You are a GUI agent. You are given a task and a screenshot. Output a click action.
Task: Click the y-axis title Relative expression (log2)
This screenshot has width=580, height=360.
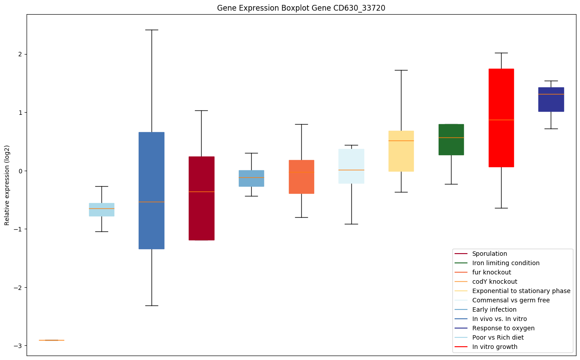tap(7, 185)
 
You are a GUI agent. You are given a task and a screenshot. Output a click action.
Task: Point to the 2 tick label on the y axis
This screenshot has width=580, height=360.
tap(20, 54)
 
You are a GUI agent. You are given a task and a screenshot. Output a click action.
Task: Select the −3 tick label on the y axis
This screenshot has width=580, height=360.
tap(18, 346)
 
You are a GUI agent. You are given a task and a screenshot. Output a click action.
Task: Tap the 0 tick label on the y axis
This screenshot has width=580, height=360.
tap(20, 171)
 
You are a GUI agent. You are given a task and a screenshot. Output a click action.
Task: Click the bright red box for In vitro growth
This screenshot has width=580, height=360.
tap(501, 117)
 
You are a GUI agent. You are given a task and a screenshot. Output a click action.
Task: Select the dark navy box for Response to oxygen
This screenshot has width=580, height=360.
tap(551, 99)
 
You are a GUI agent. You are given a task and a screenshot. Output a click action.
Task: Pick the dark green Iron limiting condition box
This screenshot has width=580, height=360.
tap(451, 139)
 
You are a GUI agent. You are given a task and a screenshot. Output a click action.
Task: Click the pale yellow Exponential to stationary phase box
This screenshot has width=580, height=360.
tap(401, 151)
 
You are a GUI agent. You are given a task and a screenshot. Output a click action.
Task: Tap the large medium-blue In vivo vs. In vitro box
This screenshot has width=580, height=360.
tap(152, 190)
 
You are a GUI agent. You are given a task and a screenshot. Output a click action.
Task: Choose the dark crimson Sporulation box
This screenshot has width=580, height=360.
tap(202, 198)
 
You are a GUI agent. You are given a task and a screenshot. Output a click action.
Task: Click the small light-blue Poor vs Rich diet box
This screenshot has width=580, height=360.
tap(101, 209)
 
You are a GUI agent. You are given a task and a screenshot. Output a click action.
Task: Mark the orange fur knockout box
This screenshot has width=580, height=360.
tap(301, 176)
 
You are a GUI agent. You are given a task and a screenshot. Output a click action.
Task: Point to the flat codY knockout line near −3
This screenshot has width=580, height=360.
tap(51, 340)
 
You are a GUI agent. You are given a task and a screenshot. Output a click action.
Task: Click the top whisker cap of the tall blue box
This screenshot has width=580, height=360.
tap(152, 30)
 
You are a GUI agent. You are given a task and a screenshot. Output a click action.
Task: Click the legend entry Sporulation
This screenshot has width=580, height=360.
tap(489, 254)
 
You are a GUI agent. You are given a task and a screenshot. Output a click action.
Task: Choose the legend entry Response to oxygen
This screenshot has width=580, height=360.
tap(503, 328)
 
